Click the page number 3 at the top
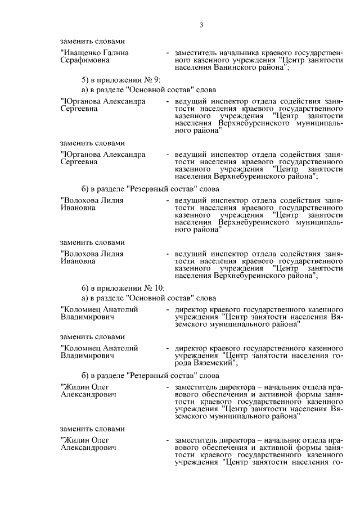[201, 24]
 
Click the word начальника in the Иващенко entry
[238, 52]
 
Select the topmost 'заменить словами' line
[92, 41]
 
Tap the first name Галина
[116, 52]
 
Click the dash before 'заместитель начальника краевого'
[167, 52]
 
